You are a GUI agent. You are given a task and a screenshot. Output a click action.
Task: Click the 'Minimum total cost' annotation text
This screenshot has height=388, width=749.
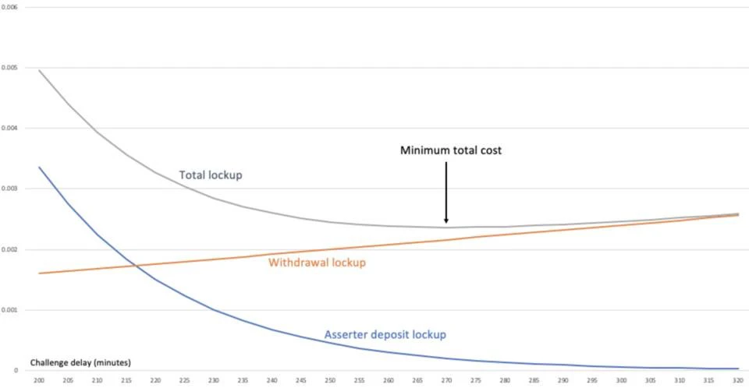click(451, 150)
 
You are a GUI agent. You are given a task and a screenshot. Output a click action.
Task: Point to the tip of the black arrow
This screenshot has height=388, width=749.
click(446, 223)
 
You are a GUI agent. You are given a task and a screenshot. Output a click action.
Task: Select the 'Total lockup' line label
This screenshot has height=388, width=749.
click(211, 175)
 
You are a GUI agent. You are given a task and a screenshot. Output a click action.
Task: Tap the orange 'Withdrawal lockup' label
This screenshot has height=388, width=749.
click(317, 263)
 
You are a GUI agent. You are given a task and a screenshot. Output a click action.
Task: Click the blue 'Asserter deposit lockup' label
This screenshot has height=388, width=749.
click(385, 335)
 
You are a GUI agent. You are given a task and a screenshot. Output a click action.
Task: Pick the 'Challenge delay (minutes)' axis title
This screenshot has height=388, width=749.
click(80, 362)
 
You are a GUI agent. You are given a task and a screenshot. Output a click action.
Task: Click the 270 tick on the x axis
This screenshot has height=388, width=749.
click(445, 380)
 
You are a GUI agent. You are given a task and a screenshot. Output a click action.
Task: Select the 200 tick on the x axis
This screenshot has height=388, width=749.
click(39, 380)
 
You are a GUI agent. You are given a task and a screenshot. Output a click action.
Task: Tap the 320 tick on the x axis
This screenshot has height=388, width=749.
click(737, 380)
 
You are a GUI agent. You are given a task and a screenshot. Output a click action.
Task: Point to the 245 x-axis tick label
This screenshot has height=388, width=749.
click(300, 380)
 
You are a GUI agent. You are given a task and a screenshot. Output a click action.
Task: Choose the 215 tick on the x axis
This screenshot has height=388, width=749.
click(126, 380)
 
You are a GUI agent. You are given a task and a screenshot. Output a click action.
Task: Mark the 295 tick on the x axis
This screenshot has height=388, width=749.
click(592, 380)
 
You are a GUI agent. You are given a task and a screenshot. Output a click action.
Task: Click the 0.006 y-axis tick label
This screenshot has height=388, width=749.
click(11, 6)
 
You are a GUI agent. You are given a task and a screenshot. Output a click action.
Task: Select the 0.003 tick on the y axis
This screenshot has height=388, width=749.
click(11, 189)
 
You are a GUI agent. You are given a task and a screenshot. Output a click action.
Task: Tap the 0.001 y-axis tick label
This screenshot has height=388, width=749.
click(11, 310)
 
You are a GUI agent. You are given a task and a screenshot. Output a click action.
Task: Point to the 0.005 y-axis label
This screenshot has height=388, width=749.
click(11, 67)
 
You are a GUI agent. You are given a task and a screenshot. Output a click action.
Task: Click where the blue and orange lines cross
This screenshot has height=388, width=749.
click(134, 266)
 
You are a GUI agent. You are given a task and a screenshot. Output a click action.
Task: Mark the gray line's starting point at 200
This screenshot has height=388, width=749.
click(39, 70)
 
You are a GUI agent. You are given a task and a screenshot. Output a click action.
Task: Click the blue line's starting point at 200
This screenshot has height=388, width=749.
click(39, 167)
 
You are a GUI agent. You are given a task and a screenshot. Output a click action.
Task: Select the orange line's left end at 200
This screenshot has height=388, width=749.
click(39, 273)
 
